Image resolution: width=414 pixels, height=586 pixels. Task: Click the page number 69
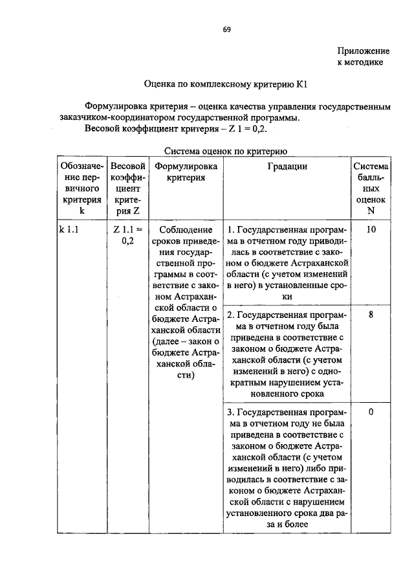click(227, 29)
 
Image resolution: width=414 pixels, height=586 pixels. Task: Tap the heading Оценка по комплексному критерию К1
click(230, 84)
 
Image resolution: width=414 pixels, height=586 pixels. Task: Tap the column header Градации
click(287, 166)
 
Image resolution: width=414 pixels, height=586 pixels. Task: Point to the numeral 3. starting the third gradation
click(230, 412)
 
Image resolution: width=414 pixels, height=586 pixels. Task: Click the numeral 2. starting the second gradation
click(230, 315)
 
